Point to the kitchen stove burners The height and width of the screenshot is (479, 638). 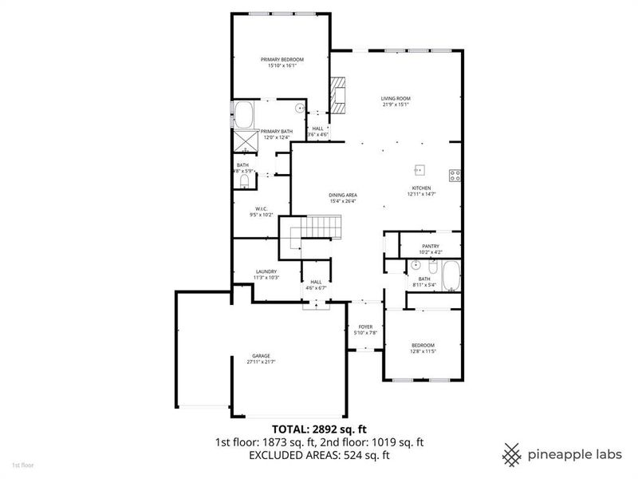(x=455, y=176)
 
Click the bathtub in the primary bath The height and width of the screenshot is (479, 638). (x=244, y=116)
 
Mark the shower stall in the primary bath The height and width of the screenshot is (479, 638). (x=244, y=141)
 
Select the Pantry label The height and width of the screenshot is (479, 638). (x=431, y=246)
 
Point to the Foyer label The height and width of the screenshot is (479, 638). (x=365, y=327)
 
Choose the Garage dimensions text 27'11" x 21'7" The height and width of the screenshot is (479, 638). (x=261, y=362)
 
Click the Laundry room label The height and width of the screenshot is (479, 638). (x=266, y=271)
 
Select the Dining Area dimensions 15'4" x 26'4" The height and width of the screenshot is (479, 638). (x=344, y=201)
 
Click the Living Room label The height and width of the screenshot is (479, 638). (x=396, y=98)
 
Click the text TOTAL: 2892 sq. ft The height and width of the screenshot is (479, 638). (x=318, y=429)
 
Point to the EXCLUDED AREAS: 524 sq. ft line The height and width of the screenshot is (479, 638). (x=318, y=456)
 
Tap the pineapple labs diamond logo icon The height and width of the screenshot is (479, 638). (x=512, y=454)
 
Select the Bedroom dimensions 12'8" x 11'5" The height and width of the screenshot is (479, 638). (x=423, y=350)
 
